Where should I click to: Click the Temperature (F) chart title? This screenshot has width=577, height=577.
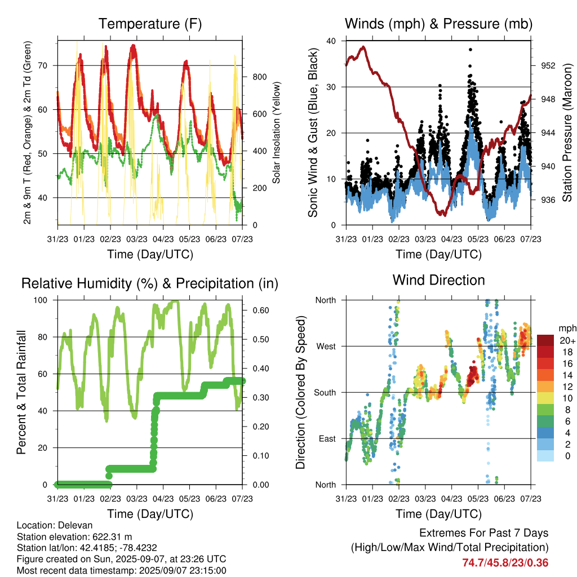(150, 24)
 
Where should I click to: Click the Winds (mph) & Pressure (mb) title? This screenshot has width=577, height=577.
(438, 24)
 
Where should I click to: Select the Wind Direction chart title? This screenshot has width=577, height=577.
(438, 280)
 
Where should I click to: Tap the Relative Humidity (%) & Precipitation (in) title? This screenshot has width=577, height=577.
(150, 284)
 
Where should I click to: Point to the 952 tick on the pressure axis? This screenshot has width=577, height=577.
(548, 65)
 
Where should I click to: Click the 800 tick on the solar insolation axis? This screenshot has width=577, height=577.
(259, 77)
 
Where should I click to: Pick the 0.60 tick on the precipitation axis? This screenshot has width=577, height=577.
(261, 310)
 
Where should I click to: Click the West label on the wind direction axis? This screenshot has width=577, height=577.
(326, 347)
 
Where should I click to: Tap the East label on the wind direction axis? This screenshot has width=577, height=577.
(327, 438)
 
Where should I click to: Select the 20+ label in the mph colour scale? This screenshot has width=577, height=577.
(567, 340)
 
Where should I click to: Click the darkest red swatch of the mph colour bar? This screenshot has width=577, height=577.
(545, 340)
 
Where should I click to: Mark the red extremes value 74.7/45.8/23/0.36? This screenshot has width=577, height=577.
(505, 563)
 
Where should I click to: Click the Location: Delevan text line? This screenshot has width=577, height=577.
(55, 525)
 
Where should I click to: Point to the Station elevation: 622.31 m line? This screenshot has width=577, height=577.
(74, 536)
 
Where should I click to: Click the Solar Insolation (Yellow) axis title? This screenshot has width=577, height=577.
(276, 132)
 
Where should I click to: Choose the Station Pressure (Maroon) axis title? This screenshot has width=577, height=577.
(567, 132)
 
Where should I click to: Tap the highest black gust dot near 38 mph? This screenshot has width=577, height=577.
(471, 50)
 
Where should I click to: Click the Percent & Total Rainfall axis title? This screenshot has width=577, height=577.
(21, 392)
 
